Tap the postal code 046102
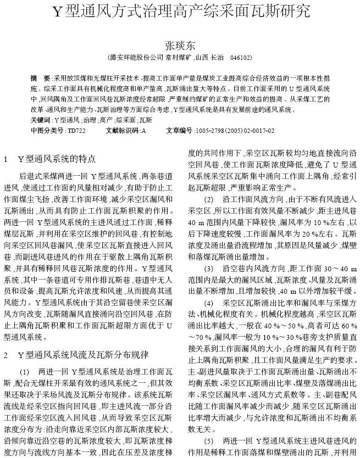tap(241, 57)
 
